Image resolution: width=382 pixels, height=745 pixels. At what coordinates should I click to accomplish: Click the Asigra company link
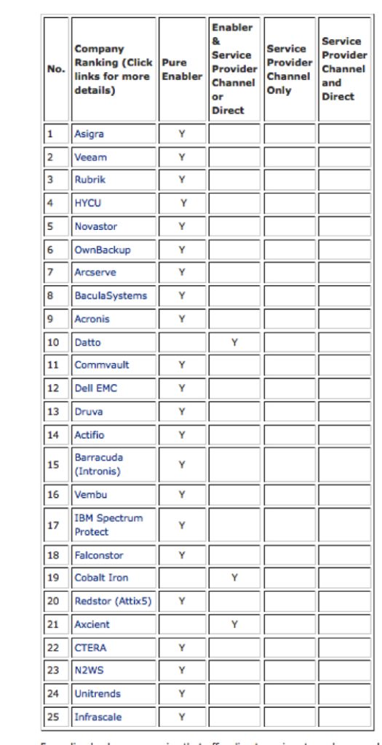coord(89,134)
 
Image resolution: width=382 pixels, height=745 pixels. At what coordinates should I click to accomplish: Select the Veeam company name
coord(90,157)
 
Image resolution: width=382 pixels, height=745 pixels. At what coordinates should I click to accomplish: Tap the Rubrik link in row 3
coord(89,180)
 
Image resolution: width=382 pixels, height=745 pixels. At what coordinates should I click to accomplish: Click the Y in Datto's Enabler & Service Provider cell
coord(234,342)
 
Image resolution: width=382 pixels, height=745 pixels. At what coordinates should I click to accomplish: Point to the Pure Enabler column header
coord(181,69)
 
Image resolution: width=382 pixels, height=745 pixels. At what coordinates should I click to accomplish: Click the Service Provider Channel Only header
coord(289,69)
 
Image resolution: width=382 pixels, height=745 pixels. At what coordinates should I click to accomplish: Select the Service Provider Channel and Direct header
coord(343,69)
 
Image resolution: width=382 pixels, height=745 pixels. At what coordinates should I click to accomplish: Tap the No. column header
coord(55,69)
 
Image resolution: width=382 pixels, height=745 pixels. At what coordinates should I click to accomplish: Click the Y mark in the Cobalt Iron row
coord(234,578)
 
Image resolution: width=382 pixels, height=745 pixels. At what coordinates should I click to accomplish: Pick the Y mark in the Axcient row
coord(234,624)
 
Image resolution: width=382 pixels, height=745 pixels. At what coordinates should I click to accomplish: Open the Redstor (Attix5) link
coord(113,601)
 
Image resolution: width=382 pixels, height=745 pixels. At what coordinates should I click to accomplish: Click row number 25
coord(52,717)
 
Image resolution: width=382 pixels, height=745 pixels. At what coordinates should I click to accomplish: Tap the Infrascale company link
coord(98,717)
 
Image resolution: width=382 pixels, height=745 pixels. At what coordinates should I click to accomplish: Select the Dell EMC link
coord(95,388)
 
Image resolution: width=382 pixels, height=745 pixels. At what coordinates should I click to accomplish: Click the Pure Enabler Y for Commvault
coord(181,364)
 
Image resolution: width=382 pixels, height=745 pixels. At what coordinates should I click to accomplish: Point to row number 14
coord(52,434)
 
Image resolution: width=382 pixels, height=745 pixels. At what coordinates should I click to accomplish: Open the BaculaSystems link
coord(110,295)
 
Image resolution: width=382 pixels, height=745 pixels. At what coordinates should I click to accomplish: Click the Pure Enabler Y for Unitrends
coord(181,694)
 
